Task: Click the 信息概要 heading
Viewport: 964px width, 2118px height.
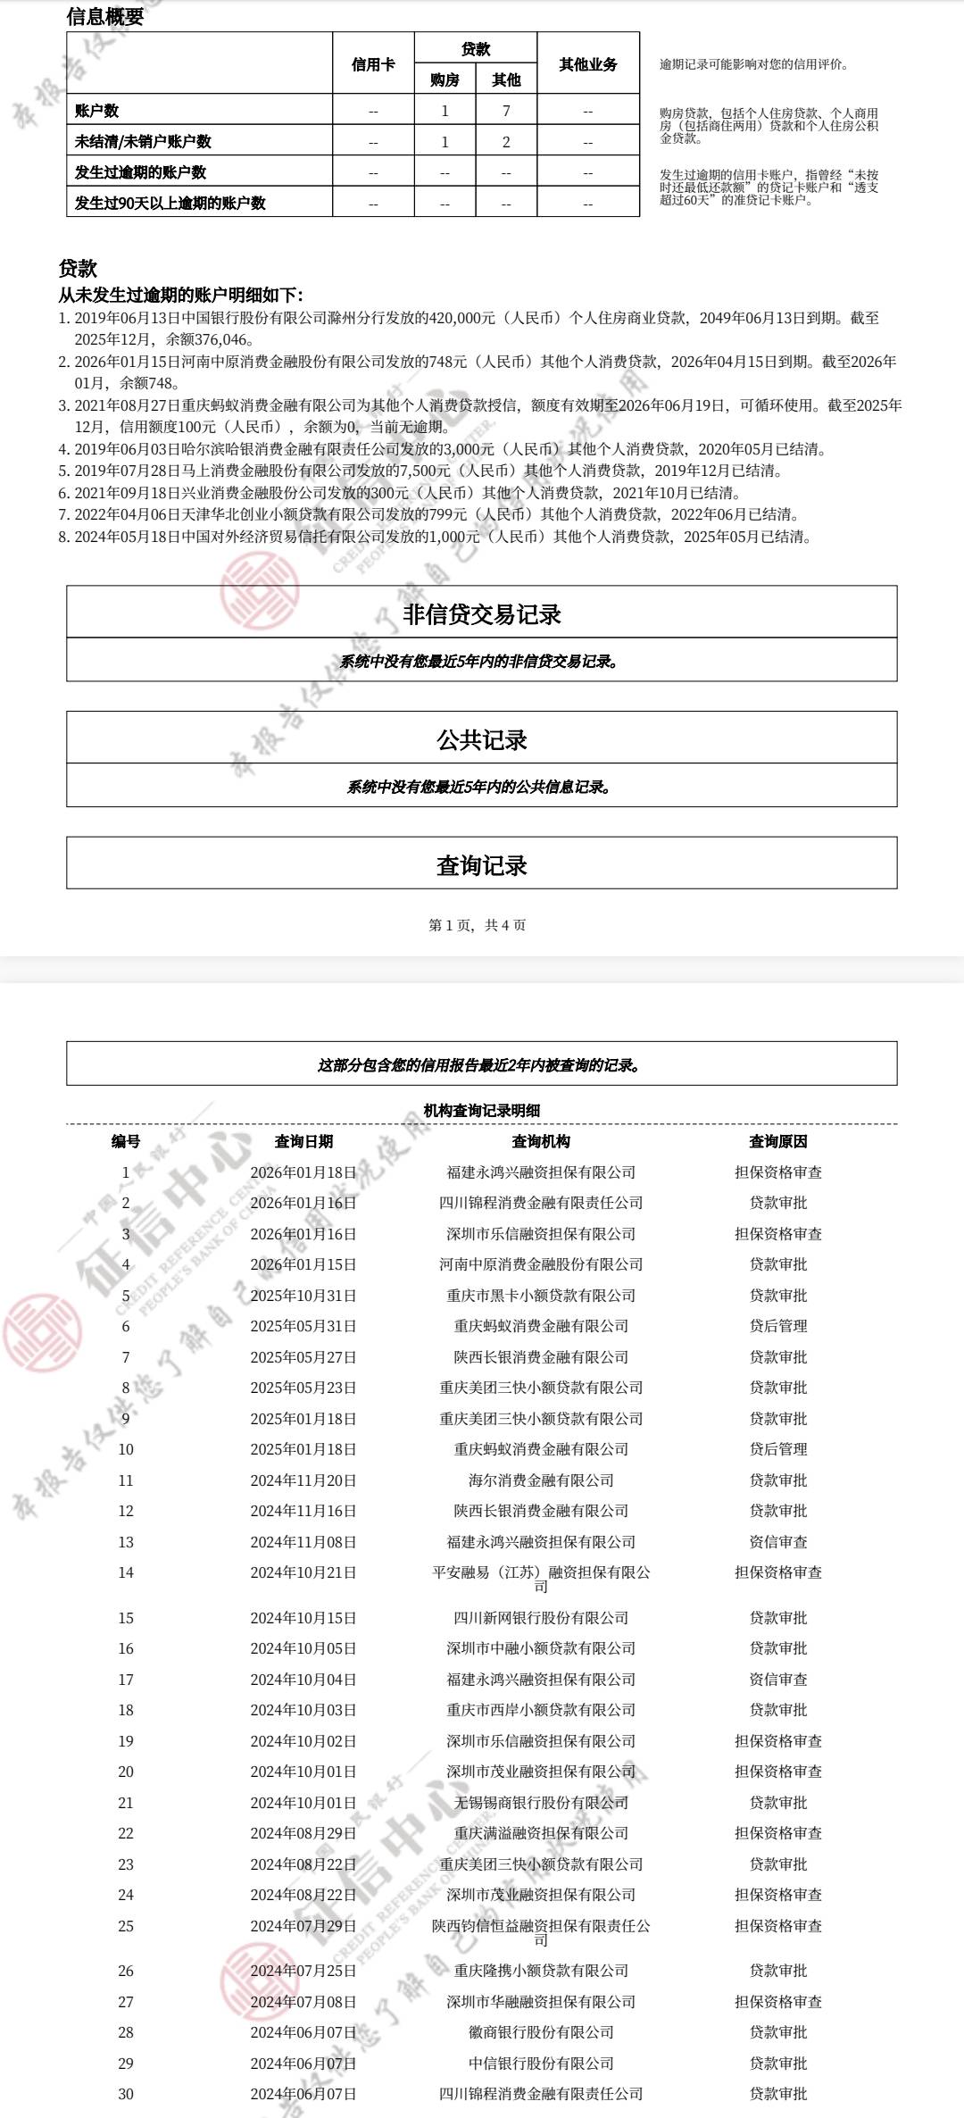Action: (x=105, y=16)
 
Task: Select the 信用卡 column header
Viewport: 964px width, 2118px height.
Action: (x=373, y=64)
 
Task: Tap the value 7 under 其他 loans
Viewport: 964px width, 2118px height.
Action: (x=506, y=111)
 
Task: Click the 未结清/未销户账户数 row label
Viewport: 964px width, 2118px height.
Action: (x=143, y=141)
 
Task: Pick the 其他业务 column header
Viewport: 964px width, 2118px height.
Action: (x=588, y=64)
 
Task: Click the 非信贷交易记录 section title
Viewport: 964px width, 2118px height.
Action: (x=482, y=613)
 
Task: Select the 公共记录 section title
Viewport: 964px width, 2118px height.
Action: (x=482, y=739)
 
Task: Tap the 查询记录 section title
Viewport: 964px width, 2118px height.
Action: (x=482, y=864)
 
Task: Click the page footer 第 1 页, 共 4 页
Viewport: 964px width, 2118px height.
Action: (x=478, y=925)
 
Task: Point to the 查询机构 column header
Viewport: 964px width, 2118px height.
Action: (x=541, y=1141)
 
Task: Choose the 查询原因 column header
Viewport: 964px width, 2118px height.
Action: (x=778, y=1141)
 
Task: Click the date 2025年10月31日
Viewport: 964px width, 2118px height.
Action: (x=303, y=1296)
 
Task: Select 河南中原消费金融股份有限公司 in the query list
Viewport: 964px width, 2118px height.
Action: (x=541, y=1264)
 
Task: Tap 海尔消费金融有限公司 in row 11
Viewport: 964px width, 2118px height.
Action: (x=541, y=1480)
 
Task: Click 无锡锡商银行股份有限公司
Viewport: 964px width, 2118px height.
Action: (x=541, y=1803)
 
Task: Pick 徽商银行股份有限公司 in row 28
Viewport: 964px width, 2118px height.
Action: (x=541, y=2032)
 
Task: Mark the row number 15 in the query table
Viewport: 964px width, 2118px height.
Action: (x=126, y=1618)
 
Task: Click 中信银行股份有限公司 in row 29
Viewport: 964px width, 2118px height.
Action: (x=541, y=2064)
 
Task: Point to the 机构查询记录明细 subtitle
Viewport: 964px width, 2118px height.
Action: (x=482, y=1110)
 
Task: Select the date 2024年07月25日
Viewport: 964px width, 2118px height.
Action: (x=303, y=1971)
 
